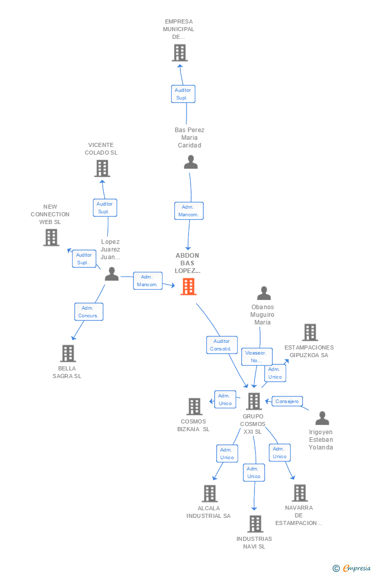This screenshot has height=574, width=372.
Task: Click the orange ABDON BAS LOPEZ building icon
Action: coord(189,286)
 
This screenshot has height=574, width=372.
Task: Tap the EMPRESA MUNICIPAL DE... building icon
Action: coord(180,53)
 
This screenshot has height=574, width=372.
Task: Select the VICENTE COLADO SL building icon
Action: coord(102,168)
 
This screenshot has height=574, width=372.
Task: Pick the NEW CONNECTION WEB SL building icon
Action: coord(51,237)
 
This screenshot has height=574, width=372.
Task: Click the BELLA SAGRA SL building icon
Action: coord(68,353)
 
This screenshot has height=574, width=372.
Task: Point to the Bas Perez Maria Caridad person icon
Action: coord(191,162)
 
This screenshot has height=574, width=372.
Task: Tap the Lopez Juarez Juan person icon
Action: coord(112,274)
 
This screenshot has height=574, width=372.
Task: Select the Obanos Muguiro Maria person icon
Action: coord(264,293)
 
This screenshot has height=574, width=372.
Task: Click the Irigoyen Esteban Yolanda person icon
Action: coord(322,418)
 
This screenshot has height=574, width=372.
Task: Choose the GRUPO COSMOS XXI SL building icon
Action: coord(253,401)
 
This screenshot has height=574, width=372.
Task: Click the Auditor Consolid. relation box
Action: coord(222,345)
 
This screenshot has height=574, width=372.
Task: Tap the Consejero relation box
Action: coord(287,401)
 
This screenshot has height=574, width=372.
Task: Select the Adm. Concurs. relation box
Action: coord(89,312)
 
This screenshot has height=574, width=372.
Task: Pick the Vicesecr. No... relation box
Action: coord(257,357)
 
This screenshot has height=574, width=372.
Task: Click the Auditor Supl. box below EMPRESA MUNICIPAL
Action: coord(183,94)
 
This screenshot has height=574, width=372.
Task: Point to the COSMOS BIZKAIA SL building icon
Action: coord(194,406)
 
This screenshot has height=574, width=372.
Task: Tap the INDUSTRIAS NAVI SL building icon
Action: coord(255,524)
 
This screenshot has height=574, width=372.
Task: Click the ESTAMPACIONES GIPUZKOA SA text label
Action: coord(309,352)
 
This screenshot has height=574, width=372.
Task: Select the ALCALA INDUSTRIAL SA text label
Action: coord(208,512)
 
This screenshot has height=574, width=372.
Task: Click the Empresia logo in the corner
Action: coord(352,568)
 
